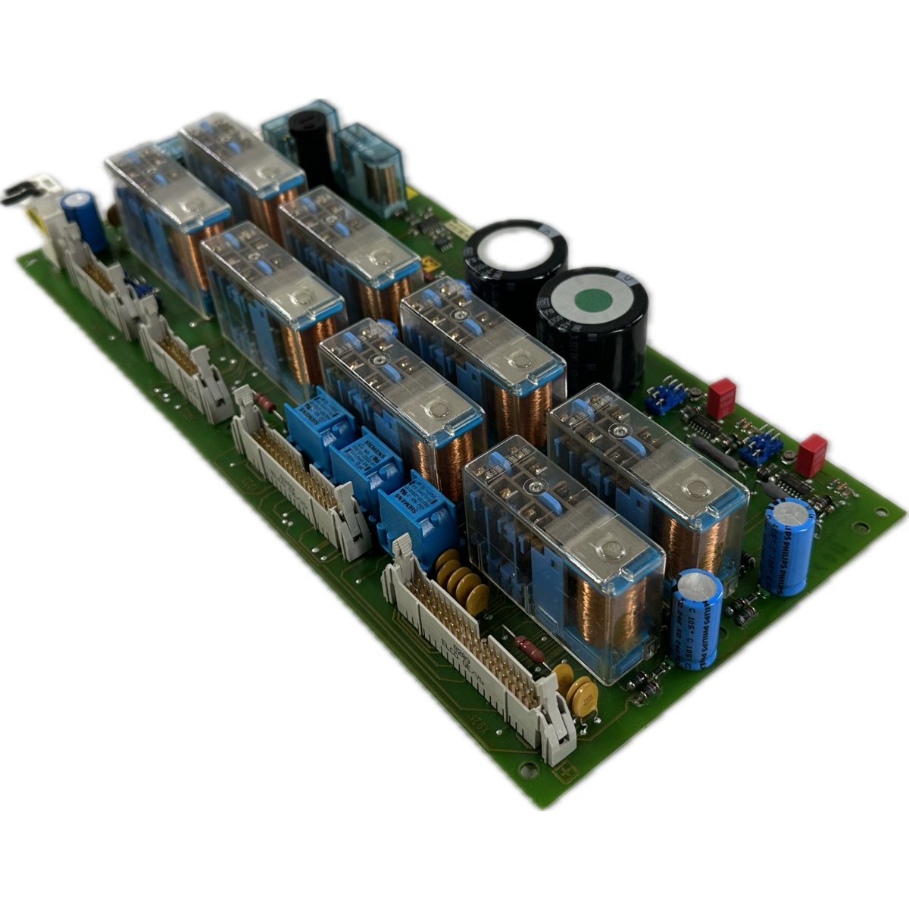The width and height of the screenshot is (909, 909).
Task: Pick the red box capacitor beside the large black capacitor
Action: click(721, 393)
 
